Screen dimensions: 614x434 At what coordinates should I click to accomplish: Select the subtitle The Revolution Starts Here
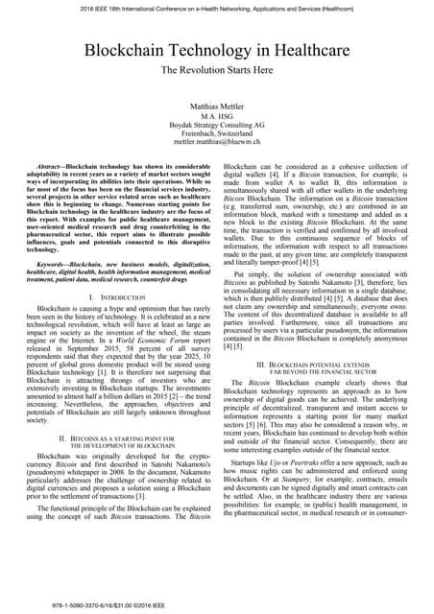click(216, 71)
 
